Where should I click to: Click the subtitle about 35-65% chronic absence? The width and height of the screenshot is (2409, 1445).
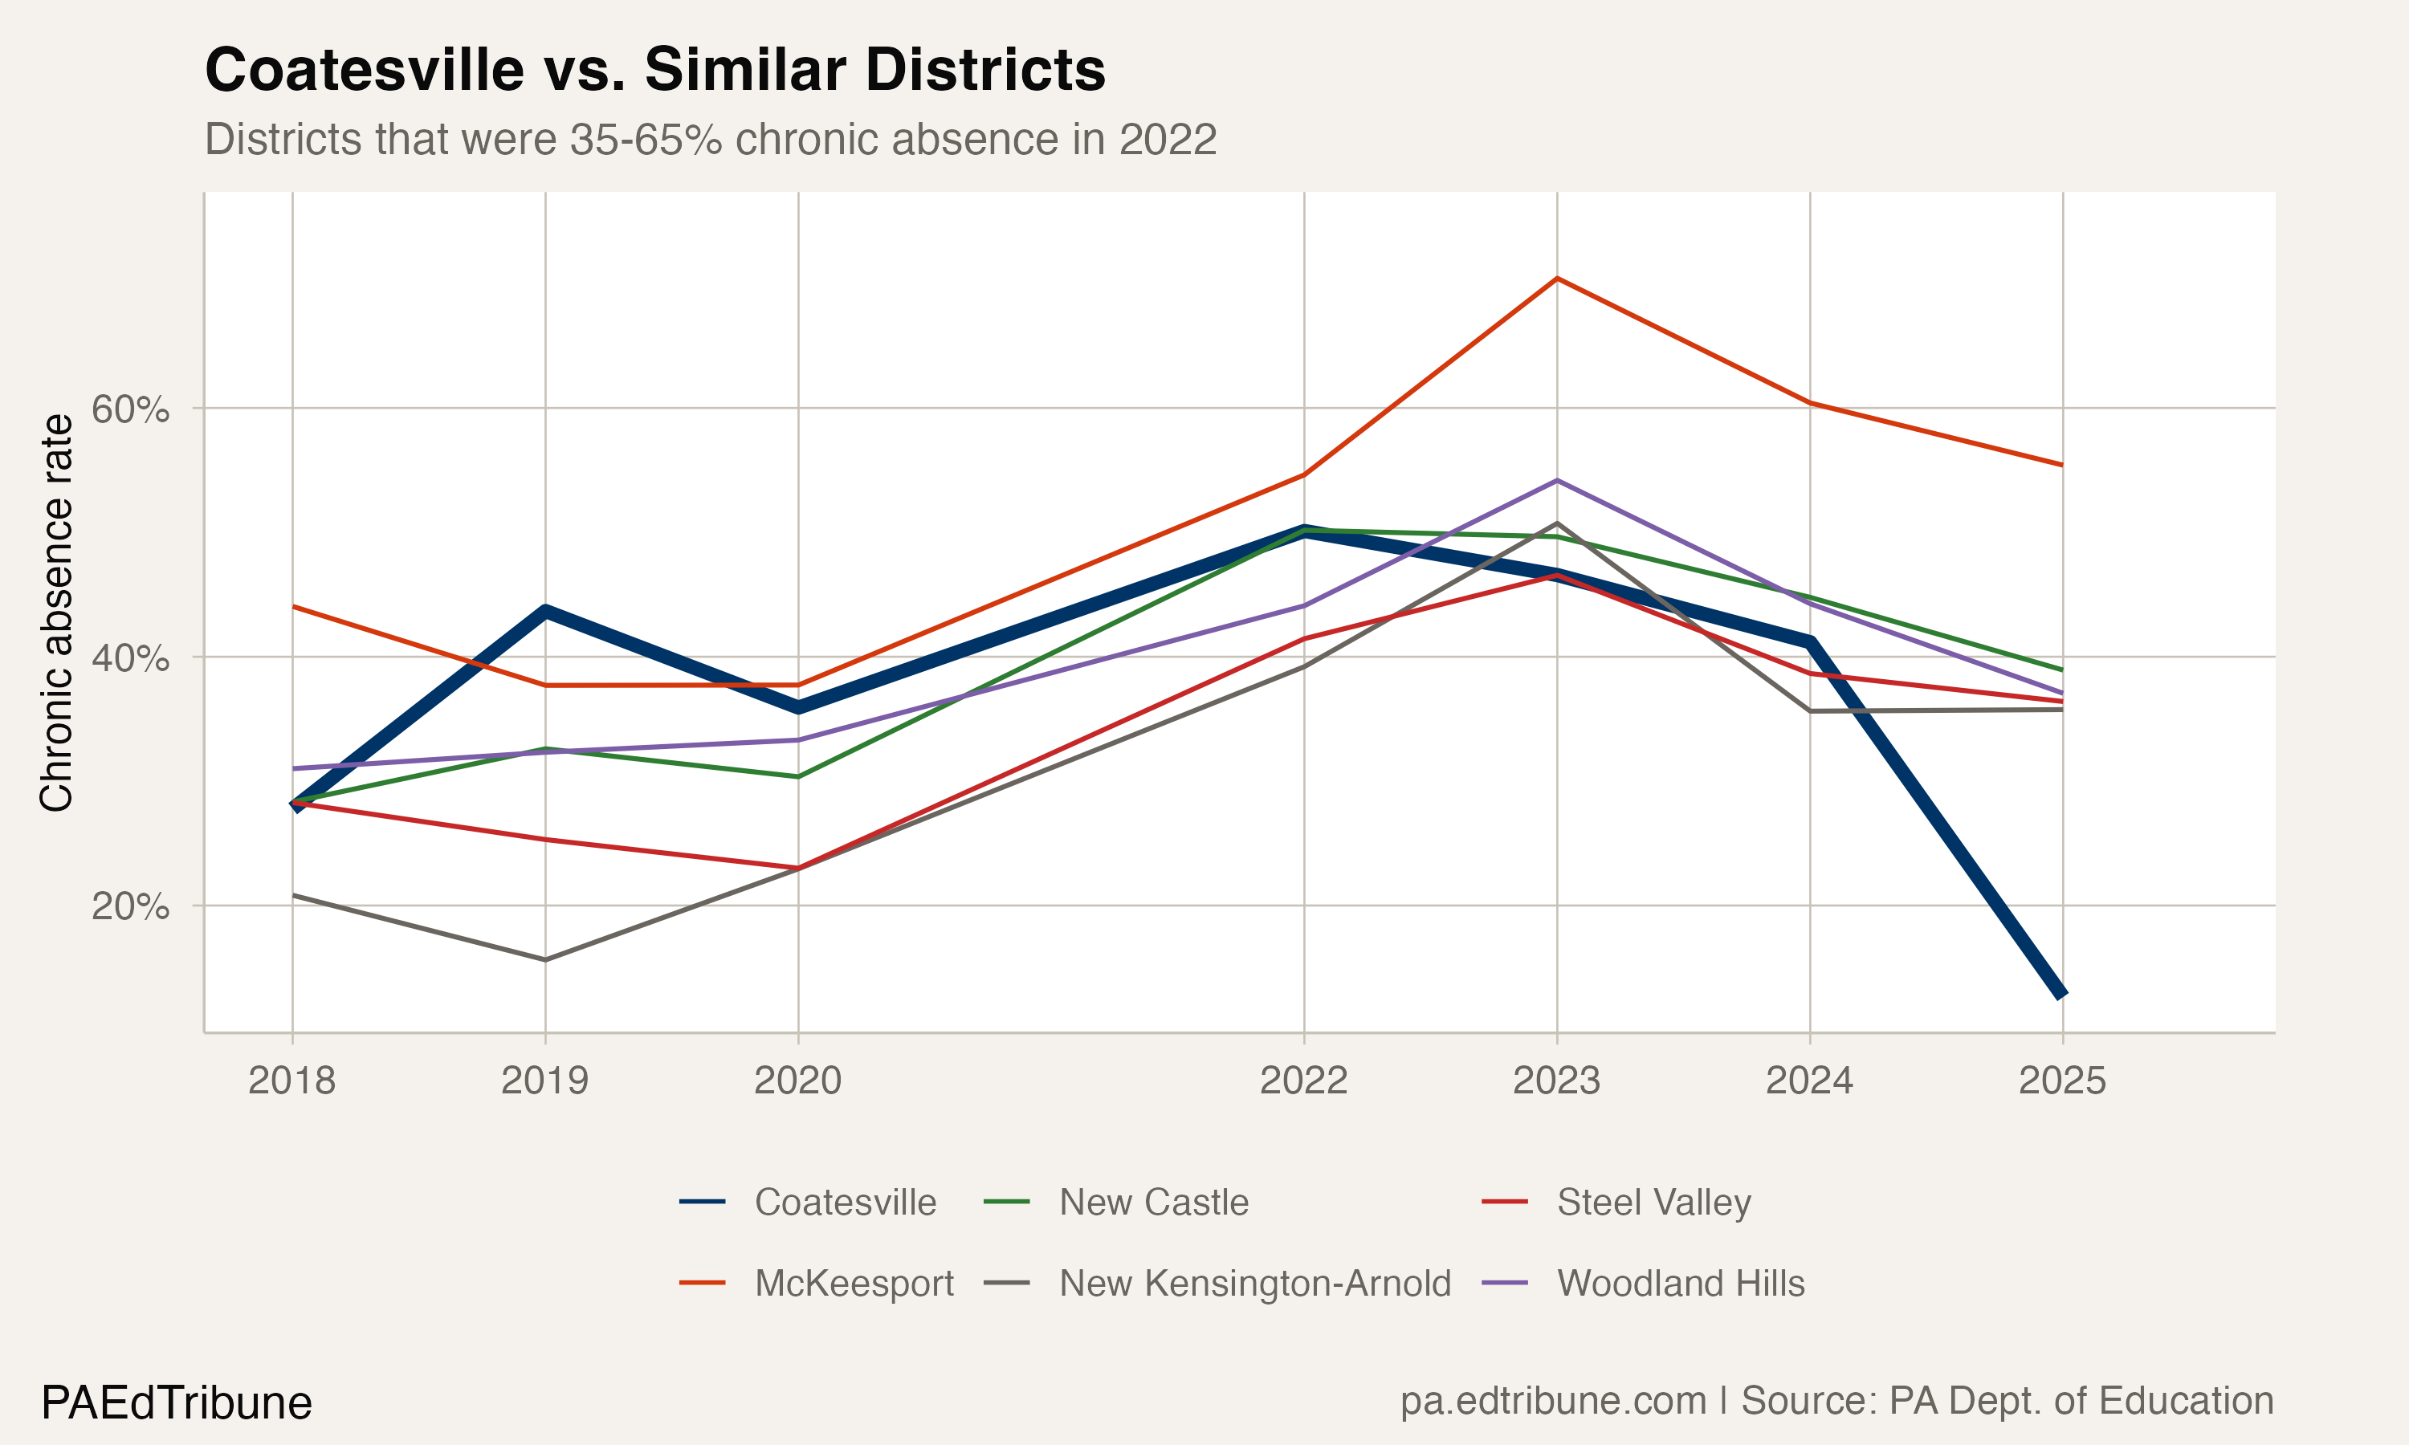point(710,139)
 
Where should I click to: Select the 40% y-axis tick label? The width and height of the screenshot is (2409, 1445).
point(130,658)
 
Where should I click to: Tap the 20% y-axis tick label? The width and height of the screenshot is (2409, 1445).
point(130,906)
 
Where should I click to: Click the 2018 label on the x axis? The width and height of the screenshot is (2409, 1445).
point(291,1081)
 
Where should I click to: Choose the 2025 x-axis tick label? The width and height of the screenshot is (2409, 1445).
point(2061,1081)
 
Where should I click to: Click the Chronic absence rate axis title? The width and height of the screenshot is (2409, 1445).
point(56,613)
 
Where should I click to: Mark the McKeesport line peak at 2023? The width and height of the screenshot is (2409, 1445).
point(1557,279)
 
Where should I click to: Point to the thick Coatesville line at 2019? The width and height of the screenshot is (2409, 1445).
point(545,612)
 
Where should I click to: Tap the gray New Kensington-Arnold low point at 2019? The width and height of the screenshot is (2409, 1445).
point(545,960)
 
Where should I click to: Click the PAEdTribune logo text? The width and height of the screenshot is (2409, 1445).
point(176,1403)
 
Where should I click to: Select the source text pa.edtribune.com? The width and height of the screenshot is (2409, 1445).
point(1552,1401)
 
